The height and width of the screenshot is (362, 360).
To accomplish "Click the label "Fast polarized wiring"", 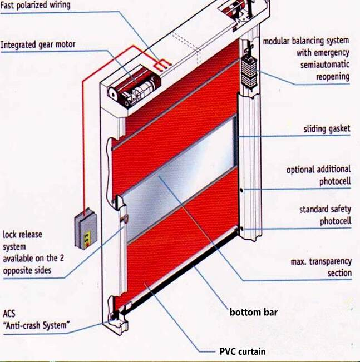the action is (x=35, y=4).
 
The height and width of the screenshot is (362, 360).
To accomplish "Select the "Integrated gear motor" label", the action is (x=38, y=44).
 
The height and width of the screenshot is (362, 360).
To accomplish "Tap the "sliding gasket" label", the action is (x=327, y=129).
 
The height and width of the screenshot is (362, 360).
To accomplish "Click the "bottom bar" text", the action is (x=254, y=312).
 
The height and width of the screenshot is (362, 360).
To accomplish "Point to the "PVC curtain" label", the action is (x=243, y=351).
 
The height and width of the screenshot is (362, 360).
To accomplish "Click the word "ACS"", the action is (x=9, y=314).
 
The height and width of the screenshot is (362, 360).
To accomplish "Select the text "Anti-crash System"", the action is (x=36, y=325).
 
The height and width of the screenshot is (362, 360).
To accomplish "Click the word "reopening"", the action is (x=333, y=77).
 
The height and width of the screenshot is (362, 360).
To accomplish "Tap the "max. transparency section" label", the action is (x=321, y=267).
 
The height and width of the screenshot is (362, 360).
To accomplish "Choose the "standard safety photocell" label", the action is (x=325, y=215).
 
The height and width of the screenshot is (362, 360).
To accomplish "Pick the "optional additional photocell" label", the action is (x=319, y=176).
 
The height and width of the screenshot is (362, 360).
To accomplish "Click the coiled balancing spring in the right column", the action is (x=249, y=71).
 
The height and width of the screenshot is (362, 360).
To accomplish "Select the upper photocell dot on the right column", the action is (x=241, y=191).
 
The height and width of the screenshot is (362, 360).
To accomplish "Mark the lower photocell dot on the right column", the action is (x=241, y=229).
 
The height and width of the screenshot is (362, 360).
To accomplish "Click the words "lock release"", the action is (x=22, y=235).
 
